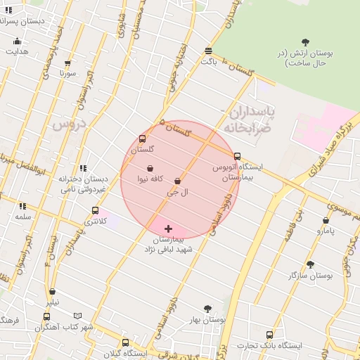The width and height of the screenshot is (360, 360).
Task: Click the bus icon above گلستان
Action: click(x=143, y=139)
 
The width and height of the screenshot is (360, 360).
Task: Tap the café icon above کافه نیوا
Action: click(x=151, y=168)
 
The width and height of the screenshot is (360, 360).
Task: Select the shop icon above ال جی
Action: click(x=176, y=181)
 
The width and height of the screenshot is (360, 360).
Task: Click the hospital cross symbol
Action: click(x=168, y=229)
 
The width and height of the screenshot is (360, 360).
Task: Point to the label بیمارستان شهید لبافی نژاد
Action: click(x=174, y=244)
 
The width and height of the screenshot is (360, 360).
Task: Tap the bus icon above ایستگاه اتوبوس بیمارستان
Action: click(x=237, y=157)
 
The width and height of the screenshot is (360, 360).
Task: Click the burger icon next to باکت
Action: click(x=208, y=51)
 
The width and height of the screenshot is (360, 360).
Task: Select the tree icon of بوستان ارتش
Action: click(x=304, y=42)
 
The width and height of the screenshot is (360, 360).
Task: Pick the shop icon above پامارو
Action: click(x=326, y=220)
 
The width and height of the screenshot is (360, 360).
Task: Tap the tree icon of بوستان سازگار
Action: click(x=310, y=264)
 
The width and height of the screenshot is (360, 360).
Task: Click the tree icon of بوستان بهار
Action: click(x=207, y=309)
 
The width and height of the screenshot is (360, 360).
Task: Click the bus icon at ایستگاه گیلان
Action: click(x=125, y=343)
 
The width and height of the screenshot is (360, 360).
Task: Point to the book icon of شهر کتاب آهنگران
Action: click(x=78, y=316)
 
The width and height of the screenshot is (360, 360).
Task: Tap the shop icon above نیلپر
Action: click(x=52, y=292)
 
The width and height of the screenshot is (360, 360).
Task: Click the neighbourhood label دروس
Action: click(x=68, y=125)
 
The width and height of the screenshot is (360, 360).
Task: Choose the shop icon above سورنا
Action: click(x=67, y=63)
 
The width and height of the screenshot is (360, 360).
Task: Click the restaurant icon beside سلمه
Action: click(x=23, y=207)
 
